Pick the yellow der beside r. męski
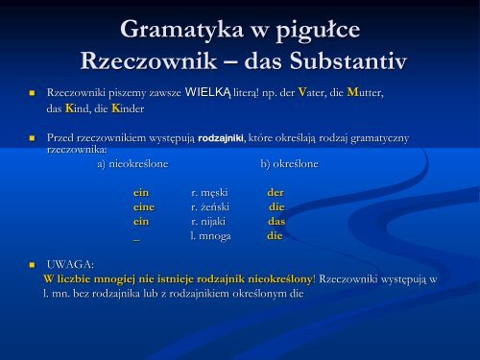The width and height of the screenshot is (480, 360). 276,192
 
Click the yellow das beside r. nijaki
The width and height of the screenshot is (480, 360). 276,220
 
